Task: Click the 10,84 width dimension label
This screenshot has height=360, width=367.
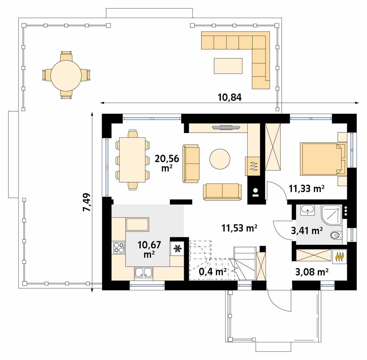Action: click(229, 97)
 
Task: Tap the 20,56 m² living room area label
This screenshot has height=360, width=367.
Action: click(167, 163)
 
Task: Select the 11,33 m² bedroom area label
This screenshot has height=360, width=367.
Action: click(307, 189)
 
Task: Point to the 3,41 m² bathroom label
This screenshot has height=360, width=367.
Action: click(307, 230)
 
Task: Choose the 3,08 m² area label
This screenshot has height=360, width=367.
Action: click(312, 272)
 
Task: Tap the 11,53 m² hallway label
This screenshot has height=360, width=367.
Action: click(239, 228)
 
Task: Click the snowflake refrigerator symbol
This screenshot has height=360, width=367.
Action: click(177, 248)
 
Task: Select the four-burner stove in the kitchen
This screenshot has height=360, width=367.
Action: click(119, 247)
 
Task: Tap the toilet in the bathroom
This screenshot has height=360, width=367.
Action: click(336, 236)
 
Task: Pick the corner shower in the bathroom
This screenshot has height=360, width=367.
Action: click(332, 215)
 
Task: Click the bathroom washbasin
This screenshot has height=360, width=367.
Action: click(307, 209)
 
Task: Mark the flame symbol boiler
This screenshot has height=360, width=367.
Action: click(339, 257)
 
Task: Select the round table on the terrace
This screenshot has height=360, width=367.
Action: click(66, 75)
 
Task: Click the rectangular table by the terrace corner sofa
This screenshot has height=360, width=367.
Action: click(228, 66)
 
